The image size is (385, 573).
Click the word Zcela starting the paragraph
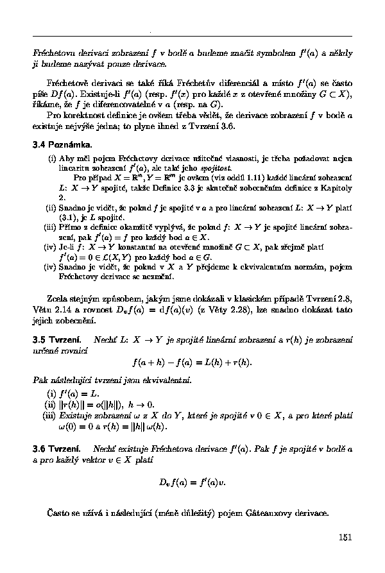tap(60, 298)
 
